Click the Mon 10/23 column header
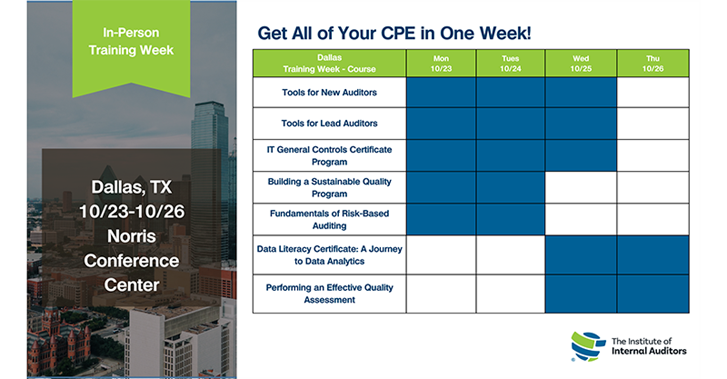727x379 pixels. point(441,63)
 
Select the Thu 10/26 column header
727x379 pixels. point(653,63)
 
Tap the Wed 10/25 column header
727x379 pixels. point(581,63)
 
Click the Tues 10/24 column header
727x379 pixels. point(510,63)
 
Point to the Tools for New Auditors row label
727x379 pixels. point(329,92)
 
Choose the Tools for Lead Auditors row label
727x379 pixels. point(329,123)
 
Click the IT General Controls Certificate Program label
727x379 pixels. point(329,156)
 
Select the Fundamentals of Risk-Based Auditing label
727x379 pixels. point(329,220)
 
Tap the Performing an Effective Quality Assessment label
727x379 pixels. point(329,294)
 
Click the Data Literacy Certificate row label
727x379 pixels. point(329,255)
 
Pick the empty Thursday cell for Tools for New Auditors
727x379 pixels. point(653,92)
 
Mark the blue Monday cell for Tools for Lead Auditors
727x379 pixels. point(441,124)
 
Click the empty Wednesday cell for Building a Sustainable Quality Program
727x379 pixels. point(581,188)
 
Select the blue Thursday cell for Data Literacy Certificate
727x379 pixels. point(653,255)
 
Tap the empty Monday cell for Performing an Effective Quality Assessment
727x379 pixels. point(441,294)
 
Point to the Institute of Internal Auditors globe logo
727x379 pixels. point(588,347)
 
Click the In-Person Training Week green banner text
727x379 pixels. point(131,41)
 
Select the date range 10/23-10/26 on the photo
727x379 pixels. point(132,211)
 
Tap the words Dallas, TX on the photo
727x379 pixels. point(131,187)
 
